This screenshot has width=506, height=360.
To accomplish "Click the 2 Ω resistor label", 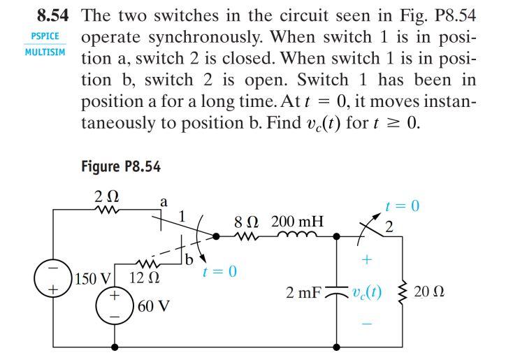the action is (106, 196).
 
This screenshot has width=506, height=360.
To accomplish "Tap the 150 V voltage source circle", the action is (52, 278).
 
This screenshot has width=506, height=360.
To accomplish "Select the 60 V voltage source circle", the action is (114, 305).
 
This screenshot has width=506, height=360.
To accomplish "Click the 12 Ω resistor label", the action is (144, 278).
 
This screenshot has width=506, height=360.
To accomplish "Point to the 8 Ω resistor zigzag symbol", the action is (247, 237).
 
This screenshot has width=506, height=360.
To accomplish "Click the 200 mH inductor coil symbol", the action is (297, 234).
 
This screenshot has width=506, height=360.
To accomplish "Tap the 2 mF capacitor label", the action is (303, 292).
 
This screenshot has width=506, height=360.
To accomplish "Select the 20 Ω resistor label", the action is (429, 291).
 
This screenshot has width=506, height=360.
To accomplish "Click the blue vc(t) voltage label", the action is (367, 292).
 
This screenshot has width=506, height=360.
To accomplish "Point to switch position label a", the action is (164, 203).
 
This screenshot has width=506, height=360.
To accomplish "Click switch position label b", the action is (189, 259).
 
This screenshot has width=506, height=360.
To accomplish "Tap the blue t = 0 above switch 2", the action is (403, 206).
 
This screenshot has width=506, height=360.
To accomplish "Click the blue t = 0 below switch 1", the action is (219, 271).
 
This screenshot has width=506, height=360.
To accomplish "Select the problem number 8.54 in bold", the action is (53, 15).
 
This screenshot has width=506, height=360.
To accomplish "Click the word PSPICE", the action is (45, 36).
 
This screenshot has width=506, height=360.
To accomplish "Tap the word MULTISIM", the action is (45, 52).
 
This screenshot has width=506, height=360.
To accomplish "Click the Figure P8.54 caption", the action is (121, 166).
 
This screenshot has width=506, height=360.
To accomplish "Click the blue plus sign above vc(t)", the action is (367, 259).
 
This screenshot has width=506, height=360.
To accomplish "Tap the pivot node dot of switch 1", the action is (216, 237).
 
